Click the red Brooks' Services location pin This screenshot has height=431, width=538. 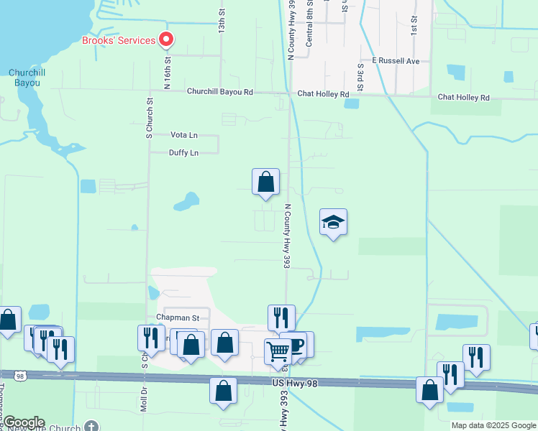[x=167, y=40]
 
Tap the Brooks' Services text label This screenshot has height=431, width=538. [x=119, y=40]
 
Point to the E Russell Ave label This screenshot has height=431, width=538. [x=395, y=61]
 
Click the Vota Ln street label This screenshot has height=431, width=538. [x=183, y=134]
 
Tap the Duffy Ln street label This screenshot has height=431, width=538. [x=183, y=152]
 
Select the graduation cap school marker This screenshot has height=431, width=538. [x=333, y=222]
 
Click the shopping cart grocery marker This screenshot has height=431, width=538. [x=278, y=352]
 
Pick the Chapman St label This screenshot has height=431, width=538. [x=177, y=318]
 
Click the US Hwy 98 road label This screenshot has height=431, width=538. [x=294, y=384]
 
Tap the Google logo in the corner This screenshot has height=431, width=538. [x=23, y=422]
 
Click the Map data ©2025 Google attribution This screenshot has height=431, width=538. [x=493, y=425]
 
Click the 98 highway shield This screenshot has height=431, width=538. [x=19, y=375]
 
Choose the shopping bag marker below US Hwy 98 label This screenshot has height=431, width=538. [x=224, y=391]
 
